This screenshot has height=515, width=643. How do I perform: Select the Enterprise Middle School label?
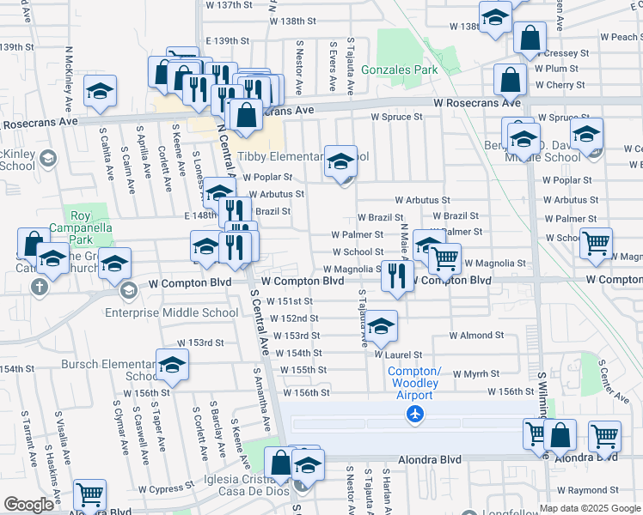point(171,312)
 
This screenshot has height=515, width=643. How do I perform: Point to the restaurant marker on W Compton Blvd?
point(396,276)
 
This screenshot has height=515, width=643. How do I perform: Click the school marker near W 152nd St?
point(381,325)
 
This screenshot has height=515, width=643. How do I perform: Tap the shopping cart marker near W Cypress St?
point(89,494)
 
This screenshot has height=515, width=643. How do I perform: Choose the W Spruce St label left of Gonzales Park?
point(396,117)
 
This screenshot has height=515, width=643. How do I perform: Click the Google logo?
point(28,504)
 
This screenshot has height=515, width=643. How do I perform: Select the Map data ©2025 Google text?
point(590,508)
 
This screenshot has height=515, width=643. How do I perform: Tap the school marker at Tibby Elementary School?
point(340,161)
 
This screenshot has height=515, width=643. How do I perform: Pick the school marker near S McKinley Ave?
point(100,92)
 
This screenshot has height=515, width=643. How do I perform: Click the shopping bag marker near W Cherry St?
point(511,80)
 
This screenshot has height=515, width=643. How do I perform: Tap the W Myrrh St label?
point(475,373)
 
